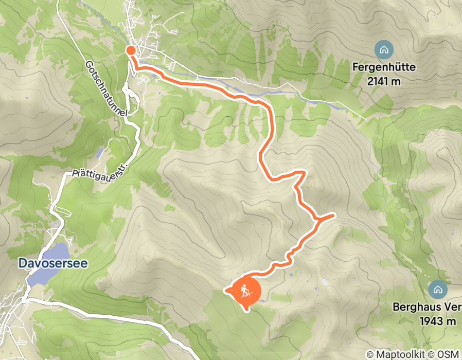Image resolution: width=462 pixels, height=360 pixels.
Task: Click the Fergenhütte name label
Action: [x=384, y=67]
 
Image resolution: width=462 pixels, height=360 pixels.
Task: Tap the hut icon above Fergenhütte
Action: [x=384, y=50]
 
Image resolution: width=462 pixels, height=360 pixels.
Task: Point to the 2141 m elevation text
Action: [x=384, y=81]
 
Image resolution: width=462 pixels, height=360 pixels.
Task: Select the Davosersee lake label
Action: [x=53, y=263]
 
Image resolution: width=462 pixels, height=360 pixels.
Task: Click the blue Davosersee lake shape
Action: [x=49, y=262]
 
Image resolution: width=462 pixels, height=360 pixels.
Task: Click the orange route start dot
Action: [x=131, y=50]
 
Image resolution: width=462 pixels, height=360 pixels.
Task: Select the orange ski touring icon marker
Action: [x=246, y=292]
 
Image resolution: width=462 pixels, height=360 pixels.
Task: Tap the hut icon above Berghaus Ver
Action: [x=437, y=289]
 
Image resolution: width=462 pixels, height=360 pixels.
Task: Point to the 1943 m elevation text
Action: [x=438, y=321]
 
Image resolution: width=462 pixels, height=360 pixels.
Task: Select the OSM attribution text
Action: [x=448, y=354]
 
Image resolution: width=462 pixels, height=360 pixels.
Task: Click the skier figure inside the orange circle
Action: [x=246, y=291]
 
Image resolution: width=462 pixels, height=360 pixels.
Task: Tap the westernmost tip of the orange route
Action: [x=226, y=291]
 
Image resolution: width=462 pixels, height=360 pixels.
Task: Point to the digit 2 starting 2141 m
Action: [x=370, y=81]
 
